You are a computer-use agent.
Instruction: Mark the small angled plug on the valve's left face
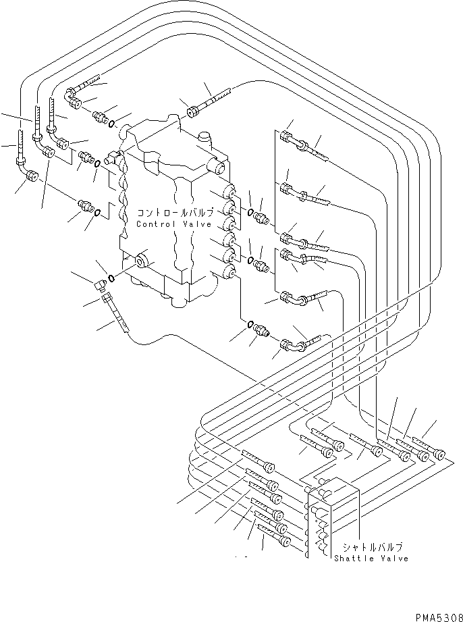click(x=113, y=160)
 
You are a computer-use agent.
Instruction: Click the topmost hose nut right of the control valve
click(x=287, y=138)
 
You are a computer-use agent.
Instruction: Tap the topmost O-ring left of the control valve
click(x=111, y=124)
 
